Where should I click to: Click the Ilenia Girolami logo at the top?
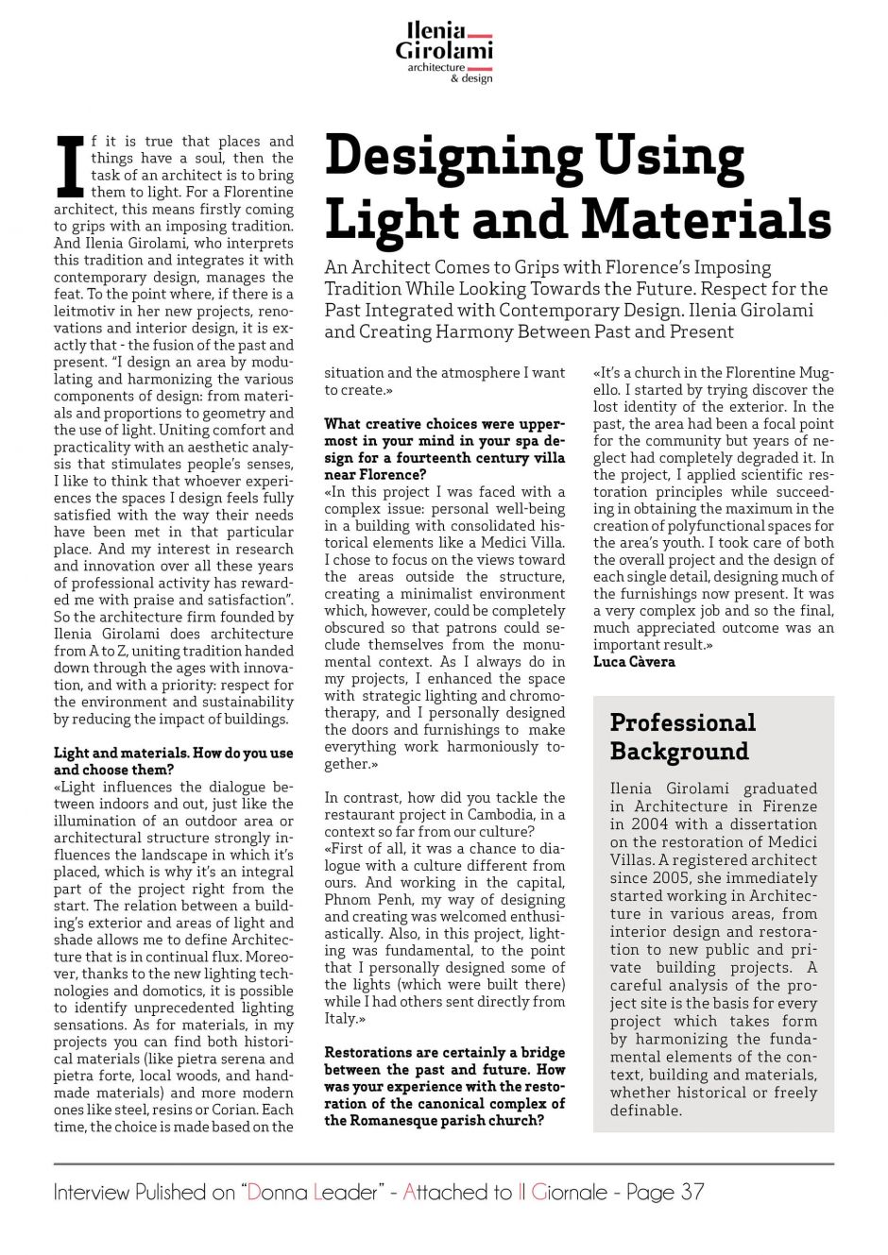pyautogui.click(x=444, y=53)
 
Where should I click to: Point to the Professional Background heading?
pyautogui.click(x=682, y=737)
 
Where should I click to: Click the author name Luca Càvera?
pyautogui.click(x=634, y=662)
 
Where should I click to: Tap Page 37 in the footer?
pyautogui.click(x=665, y=1192)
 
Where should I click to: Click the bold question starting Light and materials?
pyautogui.click(x=173, y=761)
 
